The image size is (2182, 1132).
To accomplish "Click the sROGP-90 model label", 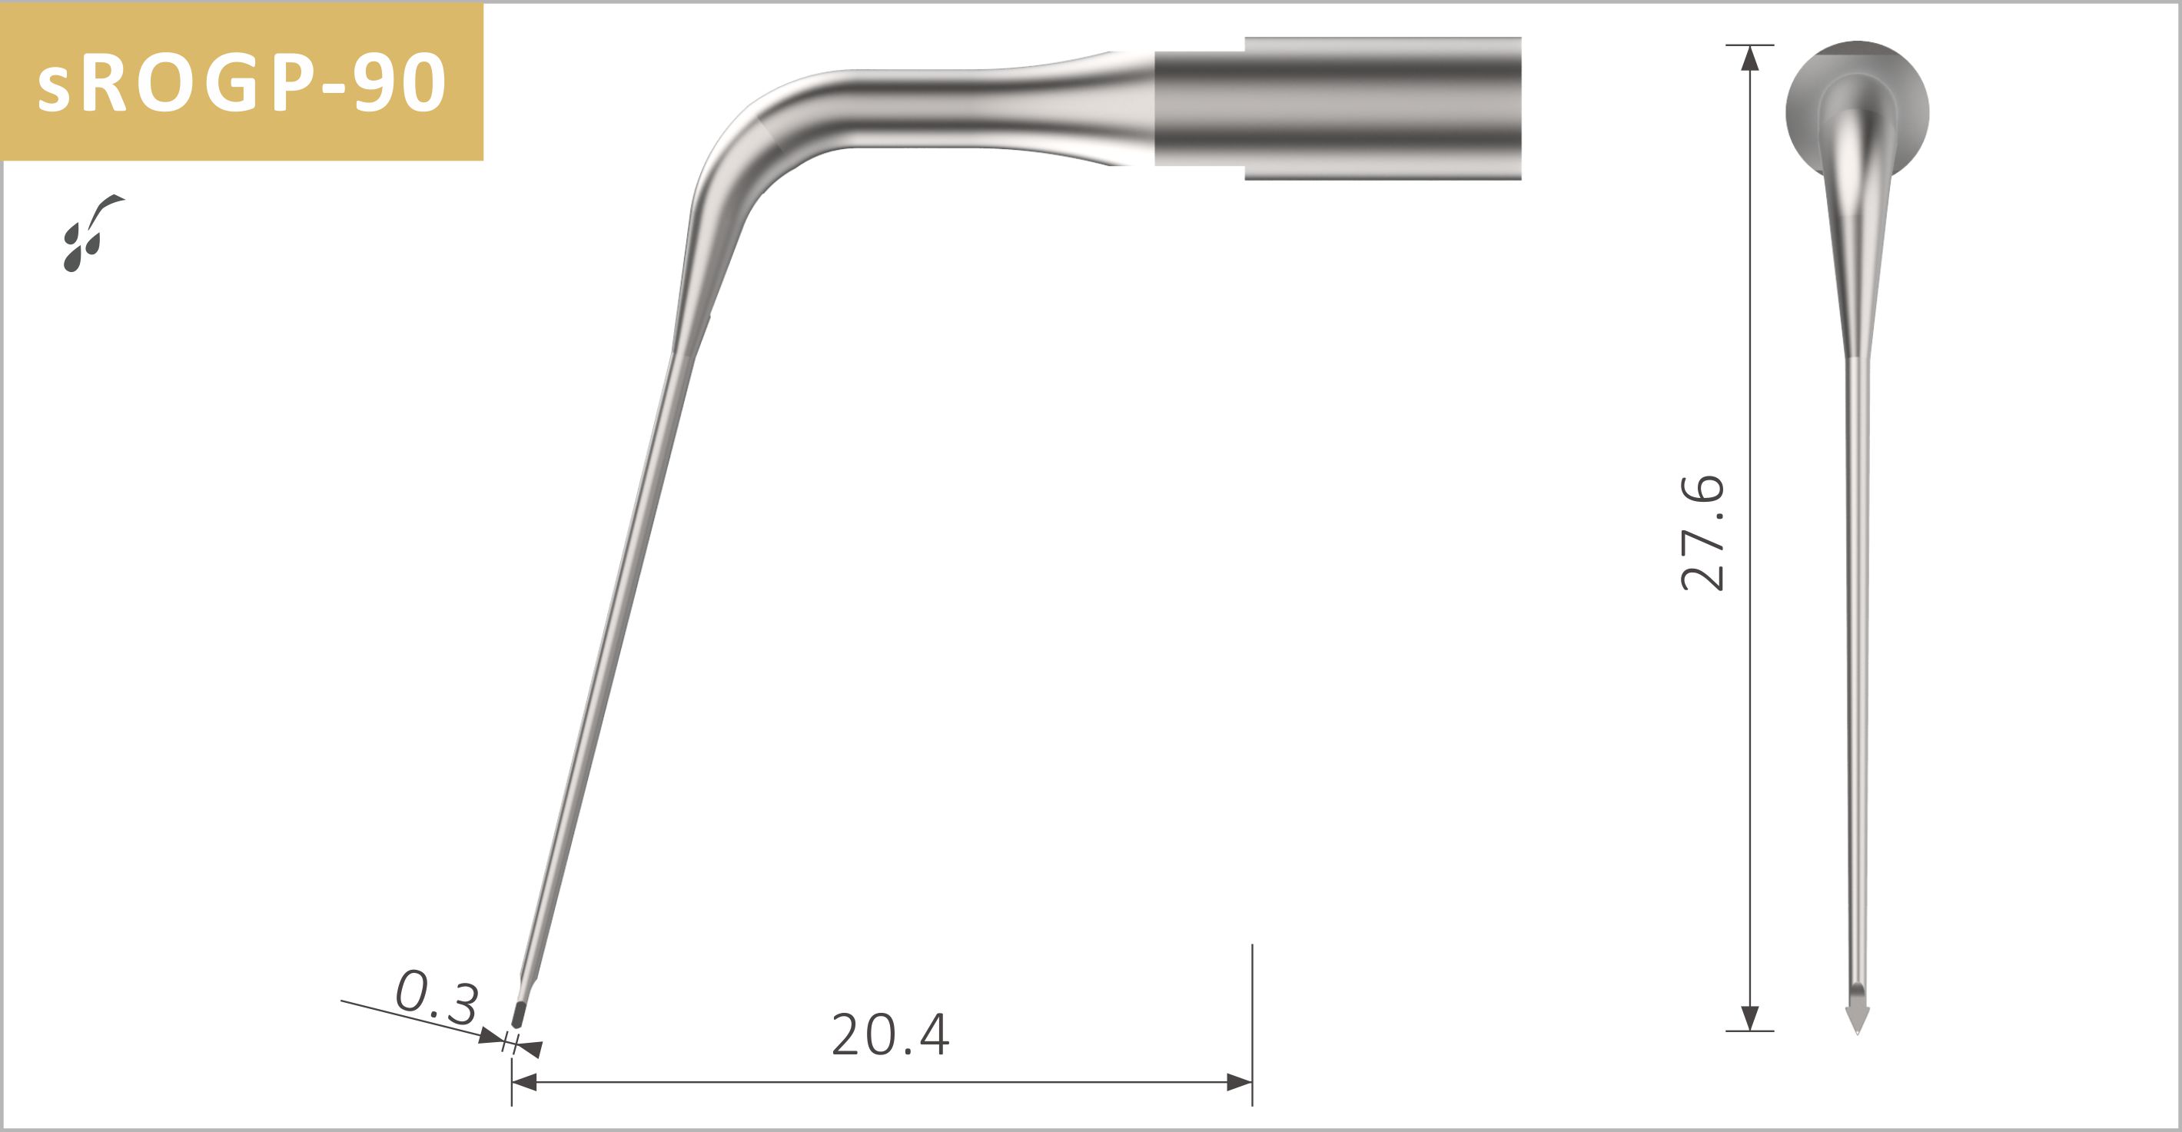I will point(241,82).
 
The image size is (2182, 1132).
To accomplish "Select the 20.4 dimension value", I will point(889,1035).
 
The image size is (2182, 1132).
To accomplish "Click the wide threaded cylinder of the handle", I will point(1383,108).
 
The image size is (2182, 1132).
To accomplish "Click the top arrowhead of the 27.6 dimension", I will point(1750,58).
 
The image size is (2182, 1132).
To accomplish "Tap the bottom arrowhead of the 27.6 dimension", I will point(1750,1017).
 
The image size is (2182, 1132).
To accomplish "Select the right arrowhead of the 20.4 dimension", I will point(1238,1081).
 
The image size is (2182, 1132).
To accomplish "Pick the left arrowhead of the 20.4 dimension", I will point(525,1081).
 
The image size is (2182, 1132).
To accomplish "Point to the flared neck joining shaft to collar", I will point(1076,108).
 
